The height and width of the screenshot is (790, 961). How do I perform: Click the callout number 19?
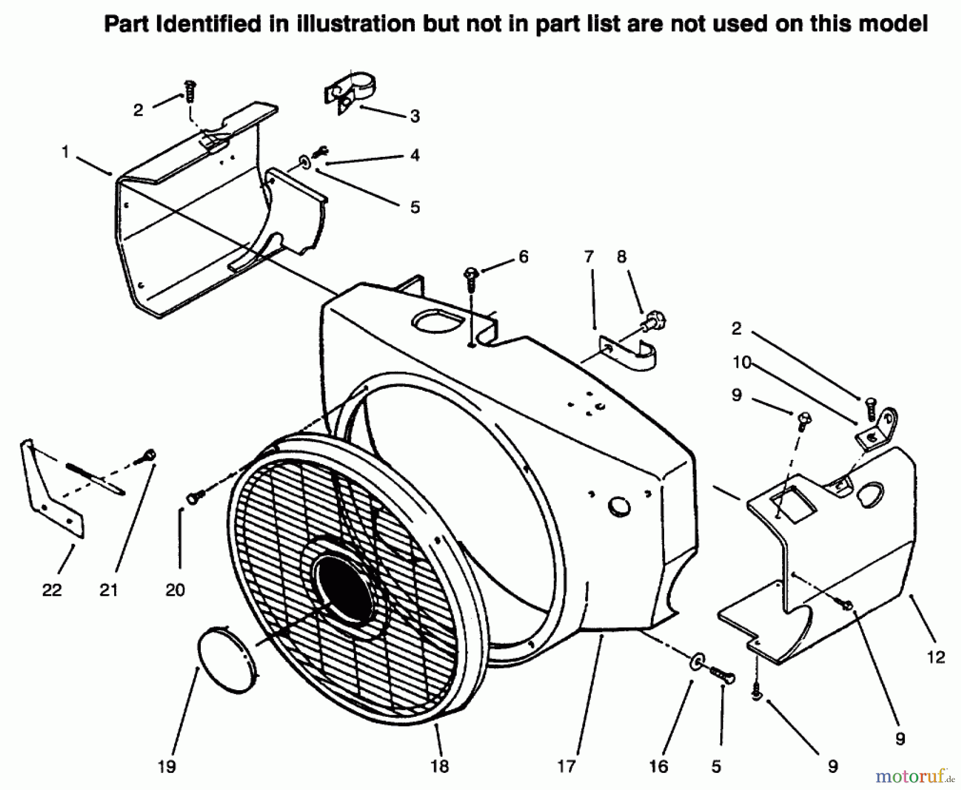167,767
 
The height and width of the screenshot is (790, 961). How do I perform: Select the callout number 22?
52,590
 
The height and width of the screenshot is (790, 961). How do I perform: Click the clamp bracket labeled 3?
350,91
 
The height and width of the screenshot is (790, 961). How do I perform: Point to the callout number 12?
936,657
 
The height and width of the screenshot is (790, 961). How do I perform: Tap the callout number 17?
566,767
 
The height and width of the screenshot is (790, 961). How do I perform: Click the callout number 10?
742,362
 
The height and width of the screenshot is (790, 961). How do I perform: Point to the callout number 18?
439,767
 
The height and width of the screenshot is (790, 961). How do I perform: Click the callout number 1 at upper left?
65,152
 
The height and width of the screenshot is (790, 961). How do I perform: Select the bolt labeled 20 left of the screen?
195,497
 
